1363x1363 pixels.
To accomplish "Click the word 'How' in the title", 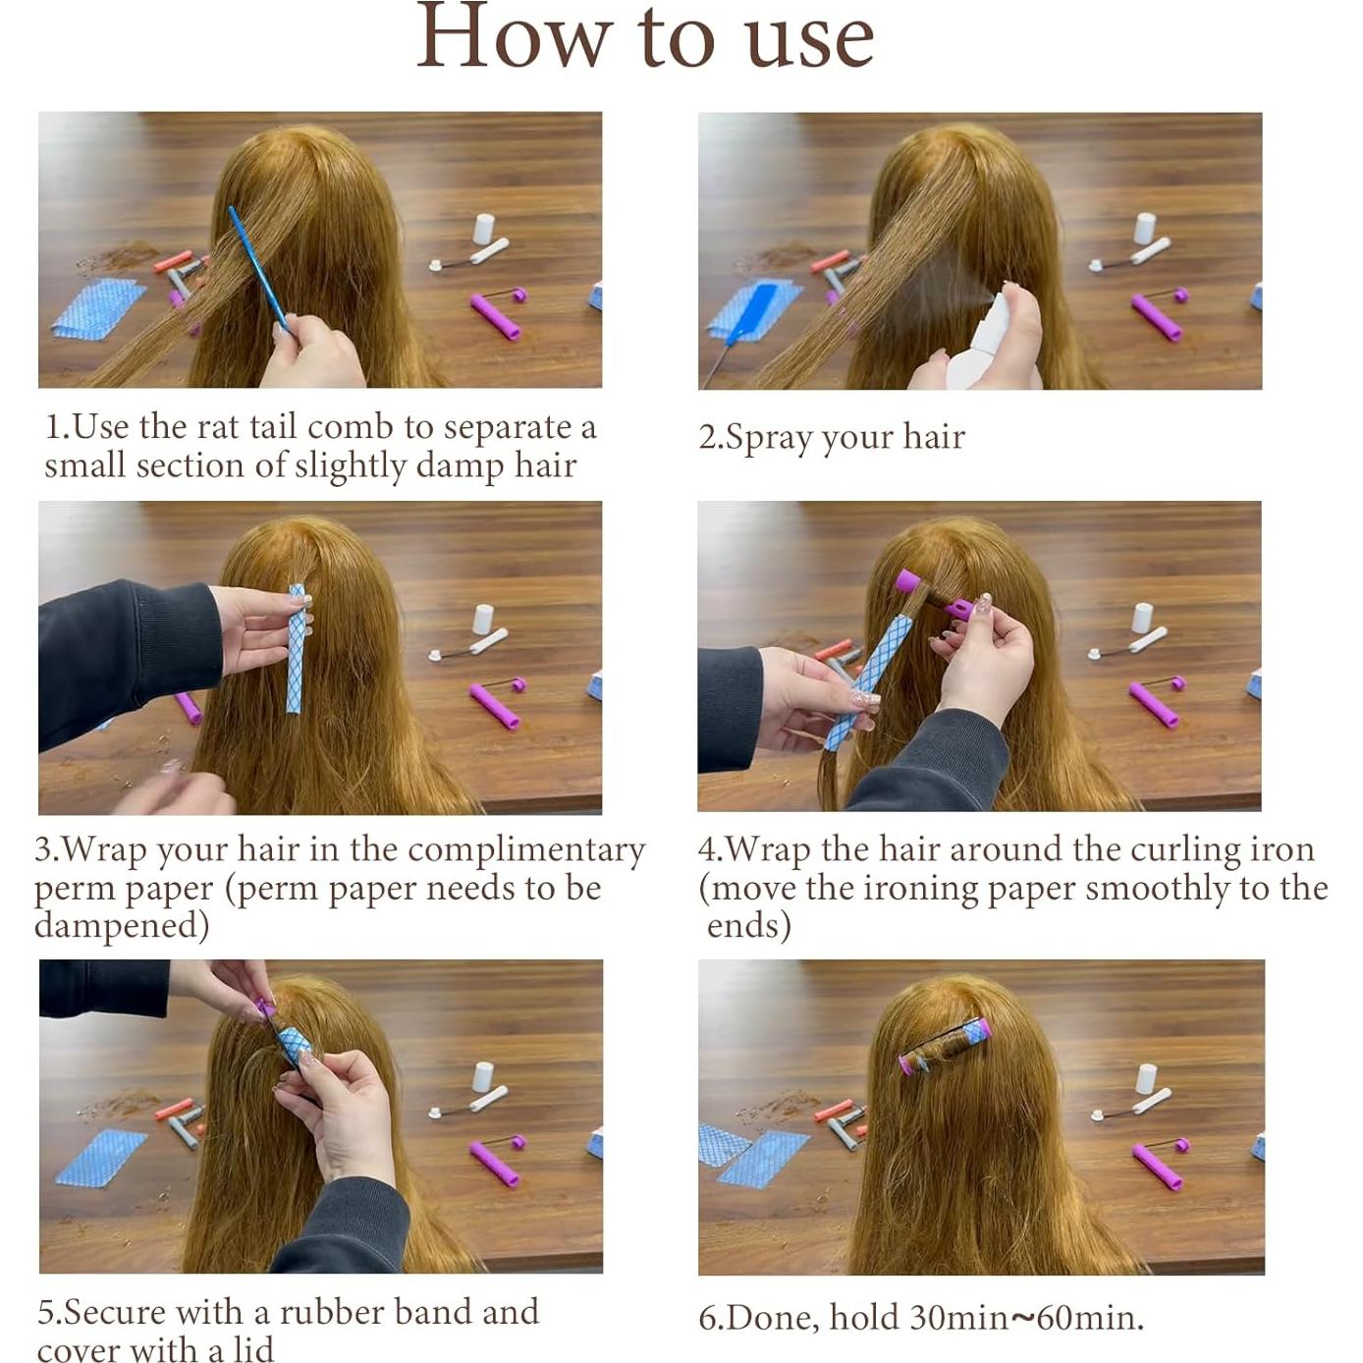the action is coord(515,35).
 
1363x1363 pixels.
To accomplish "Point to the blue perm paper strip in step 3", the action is coord(298,648).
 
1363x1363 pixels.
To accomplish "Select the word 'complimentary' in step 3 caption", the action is coord(526,850).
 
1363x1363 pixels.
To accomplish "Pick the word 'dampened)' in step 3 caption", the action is coord(122,926).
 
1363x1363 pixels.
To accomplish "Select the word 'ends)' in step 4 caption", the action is coord(748,925).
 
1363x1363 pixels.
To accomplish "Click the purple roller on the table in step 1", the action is coord(497,317).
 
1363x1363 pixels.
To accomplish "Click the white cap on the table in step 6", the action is coord(1147,1078).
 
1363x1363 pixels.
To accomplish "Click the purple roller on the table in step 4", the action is coord(1155,704).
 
